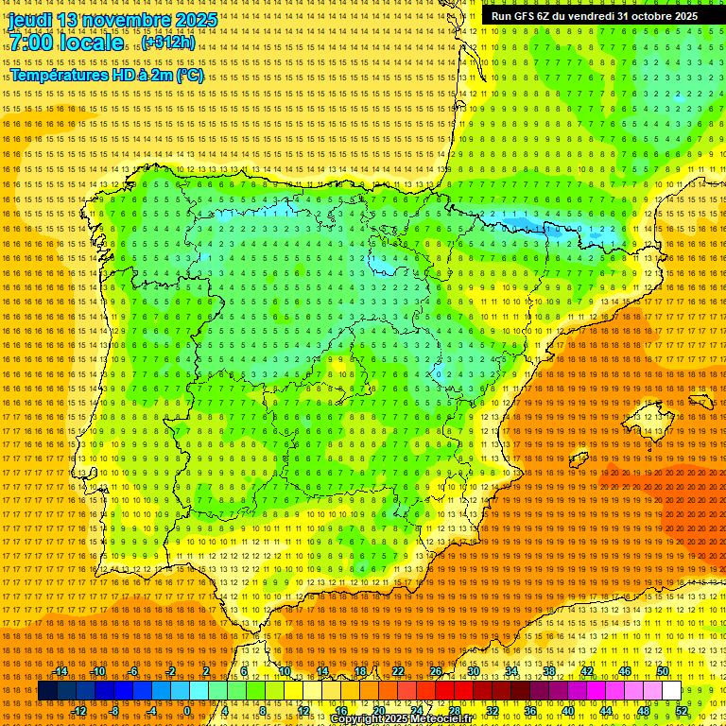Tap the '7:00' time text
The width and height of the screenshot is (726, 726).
tap(34, 43)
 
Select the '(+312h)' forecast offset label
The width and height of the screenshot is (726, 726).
tap(168, 43)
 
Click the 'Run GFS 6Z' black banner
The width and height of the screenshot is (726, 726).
tap(595, 16)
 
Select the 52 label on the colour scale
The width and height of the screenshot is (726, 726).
tap(682, 711)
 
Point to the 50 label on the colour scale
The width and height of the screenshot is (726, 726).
tap(663, 671)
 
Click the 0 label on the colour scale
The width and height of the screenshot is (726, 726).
tap(187, 711)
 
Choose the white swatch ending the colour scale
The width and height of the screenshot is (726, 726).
tap(671, 691)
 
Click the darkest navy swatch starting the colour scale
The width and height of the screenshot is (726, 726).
tap(47, 691)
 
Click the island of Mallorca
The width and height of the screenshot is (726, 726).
tap(648, 413)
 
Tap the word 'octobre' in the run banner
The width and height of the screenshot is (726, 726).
tap(643, 16)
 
